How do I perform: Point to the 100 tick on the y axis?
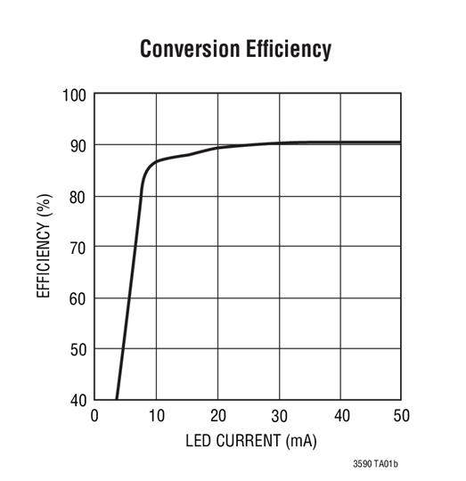pyautogui.click(x=74, y=94)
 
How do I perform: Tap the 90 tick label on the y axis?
pyautogui.click(x=78, y=145)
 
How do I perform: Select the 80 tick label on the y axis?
pyautogui.click(x=78, y=196)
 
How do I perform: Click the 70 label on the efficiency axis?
pyautogui.click(x=78, y=247)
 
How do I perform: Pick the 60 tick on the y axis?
pyautogui.click(x=78, y=298)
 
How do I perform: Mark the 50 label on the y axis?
pyautogui.click(x=78, y=348)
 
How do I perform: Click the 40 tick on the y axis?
pyautogui.click(x=78, y=399)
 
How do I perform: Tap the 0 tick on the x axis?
pyautogui.click(x=95, y=415)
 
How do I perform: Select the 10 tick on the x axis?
pyautogui.click(x=156, y=415)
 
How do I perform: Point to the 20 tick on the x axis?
pyautogui.click(x=217, y=415)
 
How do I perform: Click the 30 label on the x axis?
pyautogui.click(x=279, y=415)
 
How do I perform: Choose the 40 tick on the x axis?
pyautogui.click(x=340, y=415)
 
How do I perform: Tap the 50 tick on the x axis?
pyautogui.click(x=401, y=415)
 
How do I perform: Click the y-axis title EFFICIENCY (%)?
pyautogui.click(x=45, y=247)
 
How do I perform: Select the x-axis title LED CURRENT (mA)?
pyautogui.click(x=250, y=440)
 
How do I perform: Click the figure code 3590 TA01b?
pyautogui.click(x=375, y=464)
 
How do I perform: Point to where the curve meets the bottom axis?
pyautogui.click(x=117, y=398)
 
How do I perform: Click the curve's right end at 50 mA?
pyautogui.click(x=400, y=143)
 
